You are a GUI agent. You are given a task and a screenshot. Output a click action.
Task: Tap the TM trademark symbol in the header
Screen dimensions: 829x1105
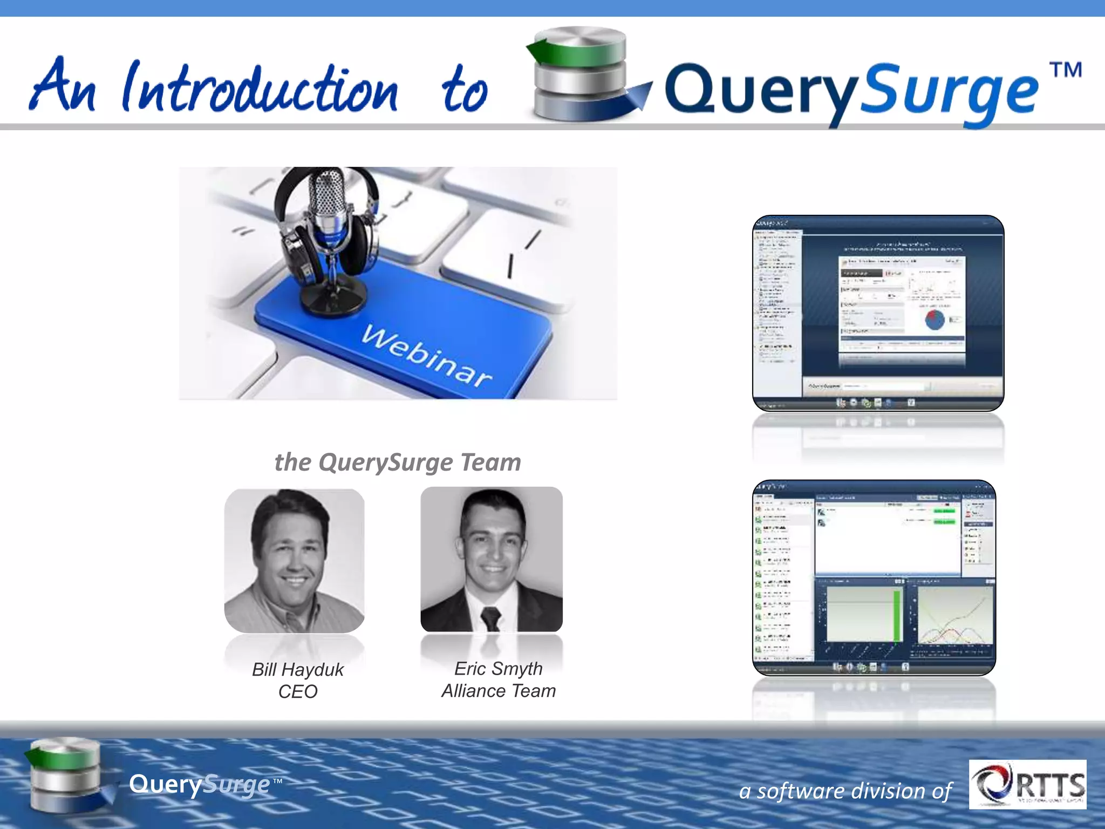point(1065,71)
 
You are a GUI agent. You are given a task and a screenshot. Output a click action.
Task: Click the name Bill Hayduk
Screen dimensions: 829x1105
point(297,669)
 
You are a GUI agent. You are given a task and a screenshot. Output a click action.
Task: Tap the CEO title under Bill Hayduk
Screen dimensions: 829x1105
point(297,691)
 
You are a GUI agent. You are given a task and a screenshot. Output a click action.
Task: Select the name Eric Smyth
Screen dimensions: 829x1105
point(498,668)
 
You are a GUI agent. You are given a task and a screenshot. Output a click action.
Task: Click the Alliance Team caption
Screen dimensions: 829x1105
point(498,691)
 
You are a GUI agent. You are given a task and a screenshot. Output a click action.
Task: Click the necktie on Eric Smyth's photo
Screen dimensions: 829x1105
point(490,617)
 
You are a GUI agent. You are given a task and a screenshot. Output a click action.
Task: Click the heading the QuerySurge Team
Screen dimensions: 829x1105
point(398,462)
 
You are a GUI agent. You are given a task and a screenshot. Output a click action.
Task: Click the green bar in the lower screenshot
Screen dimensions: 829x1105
point(896,615)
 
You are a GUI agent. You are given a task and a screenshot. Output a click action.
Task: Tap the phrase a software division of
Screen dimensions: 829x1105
point(845,791)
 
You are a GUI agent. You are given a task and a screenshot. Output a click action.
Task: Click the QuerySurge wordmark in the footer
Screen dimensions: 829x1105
point(200,784)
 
